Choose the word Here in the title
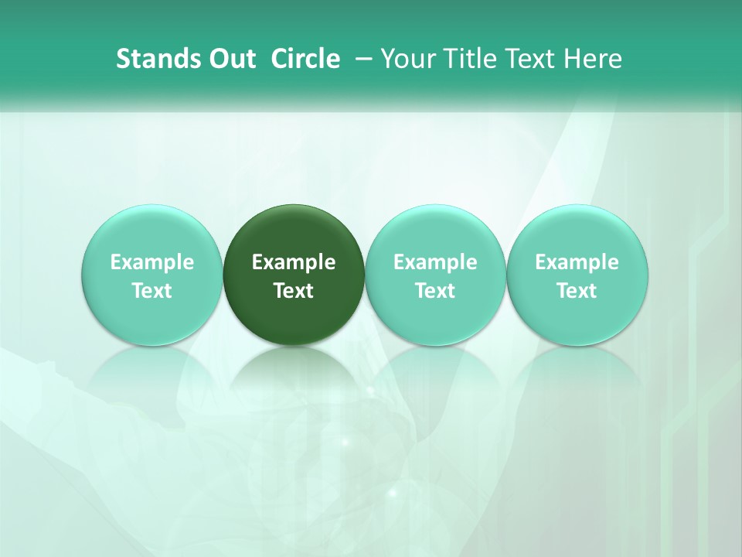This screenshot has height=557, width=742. tap(591, 59)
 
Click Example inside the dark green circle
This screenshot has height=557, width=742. tap(294, 262)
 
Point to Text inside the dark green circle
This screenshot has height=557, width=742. tap(294, 291)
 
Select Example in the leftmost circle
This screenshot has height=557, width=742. tap(152, 262)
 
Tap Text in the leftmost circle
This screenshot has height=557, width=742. tap(152, 291)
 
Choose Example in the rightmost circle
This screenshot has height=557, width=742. tap(577, 262)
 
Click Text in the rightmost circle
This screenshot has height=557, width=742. tap(577, 291)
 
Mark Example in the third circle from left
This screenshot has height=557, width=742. tap(435, 262)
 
